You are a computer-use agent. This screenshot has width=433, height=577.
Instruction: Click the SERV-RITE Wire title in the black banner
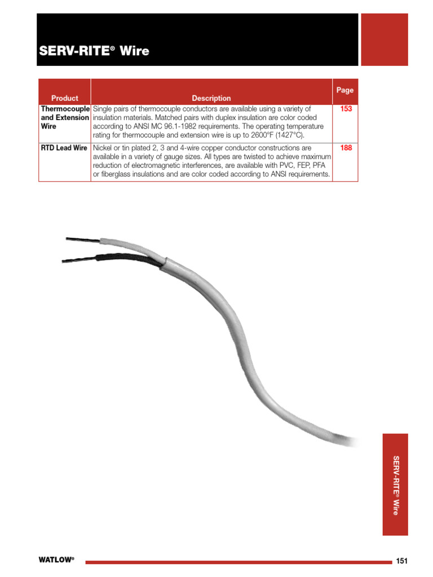[x=94, y=51]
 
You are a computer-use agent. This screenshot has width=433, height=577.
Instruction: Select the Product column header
[x=64, y=98]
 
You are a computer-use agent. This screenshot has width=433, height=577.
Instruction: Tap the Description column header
[x=211, y=98]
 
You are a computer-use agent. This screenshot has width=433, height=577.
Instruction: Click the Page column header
[x=344, y=90]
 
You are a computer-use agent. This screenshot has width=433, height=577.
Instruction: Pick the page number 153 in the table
[x=346, y=109]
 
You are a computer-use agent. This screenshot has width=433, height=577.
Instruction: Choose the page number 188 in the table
[x=346, y=148]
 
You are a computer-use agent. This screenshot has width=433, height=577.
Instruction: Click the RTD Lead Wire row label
[x=64, y=148]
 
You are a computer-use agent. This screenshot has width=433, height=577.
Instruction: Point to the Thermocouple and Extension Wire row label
[x=64, y=117]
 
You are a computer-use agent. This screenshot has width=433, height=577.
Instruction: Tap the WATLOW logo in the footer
[x=56, y=560]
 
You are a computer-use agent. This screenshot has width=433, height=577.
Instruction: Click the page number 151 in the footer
[x=401, y=561]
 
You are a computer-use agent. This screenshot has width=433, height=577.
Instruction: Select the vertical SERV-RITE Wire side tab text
[x=396, y=485]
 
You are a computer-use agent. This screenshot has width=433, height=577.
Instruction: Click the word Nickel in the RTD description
[x=103, y=148]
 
